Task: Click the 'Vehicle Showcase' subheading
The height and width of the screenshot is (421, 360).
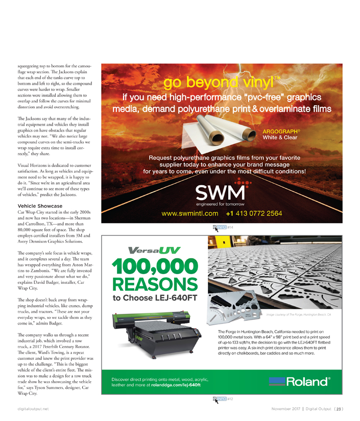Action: (40, 206)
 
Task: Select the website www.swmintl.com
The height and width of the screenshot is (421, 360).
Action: (190, 213)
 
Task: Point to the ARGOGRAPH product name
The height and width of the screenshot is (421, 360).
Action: (280, 131)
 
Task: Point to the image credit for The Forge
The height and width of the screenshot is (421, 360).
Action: (299, 315)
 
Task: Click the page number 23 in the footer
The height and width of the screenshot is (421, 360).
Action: (339, 409)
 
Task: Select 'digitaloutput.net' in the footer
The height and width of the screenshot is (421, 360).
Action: (32, 409)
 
